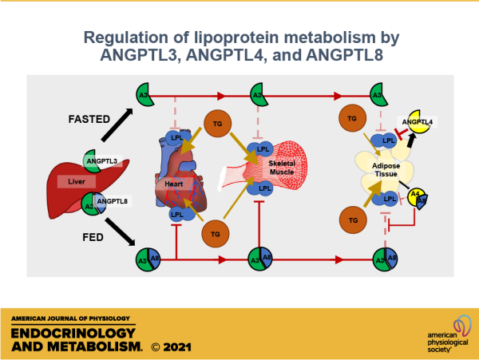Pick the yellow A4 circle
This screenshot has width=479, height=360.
(414, 194)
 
